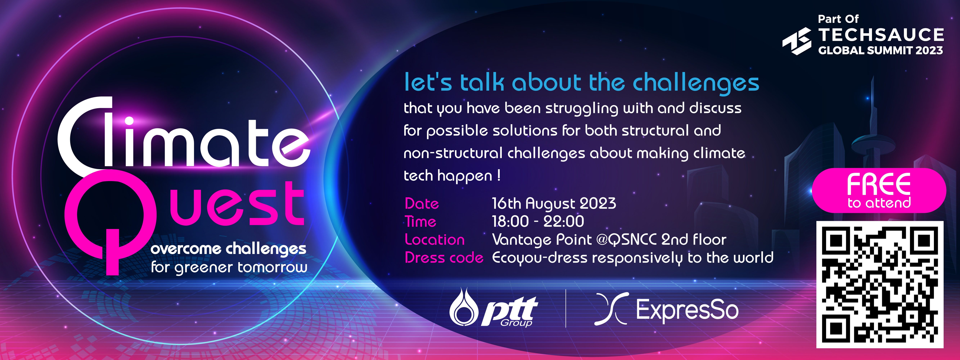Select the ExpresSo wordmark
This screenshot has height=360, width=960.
pyautogui.click(x=687, y=310)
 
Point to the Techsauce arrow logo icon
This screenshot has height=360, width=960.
pyautogui.click(x=797, y=41)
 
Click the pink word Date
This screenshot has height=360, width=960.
pyautogui.click(x=422, y=203)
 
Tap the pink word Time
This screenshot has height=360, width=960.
pyautogui.click(x=420, y=221)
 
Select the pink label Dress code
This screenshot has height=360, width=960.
pyautogui.click(x=444, y=258)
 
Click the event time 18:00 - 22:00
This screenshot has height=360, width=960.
pyautogui.click(x=538, y=221)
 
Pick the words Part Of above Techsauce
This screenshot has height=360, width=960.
pyautogui.click(x=838, y=19)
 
